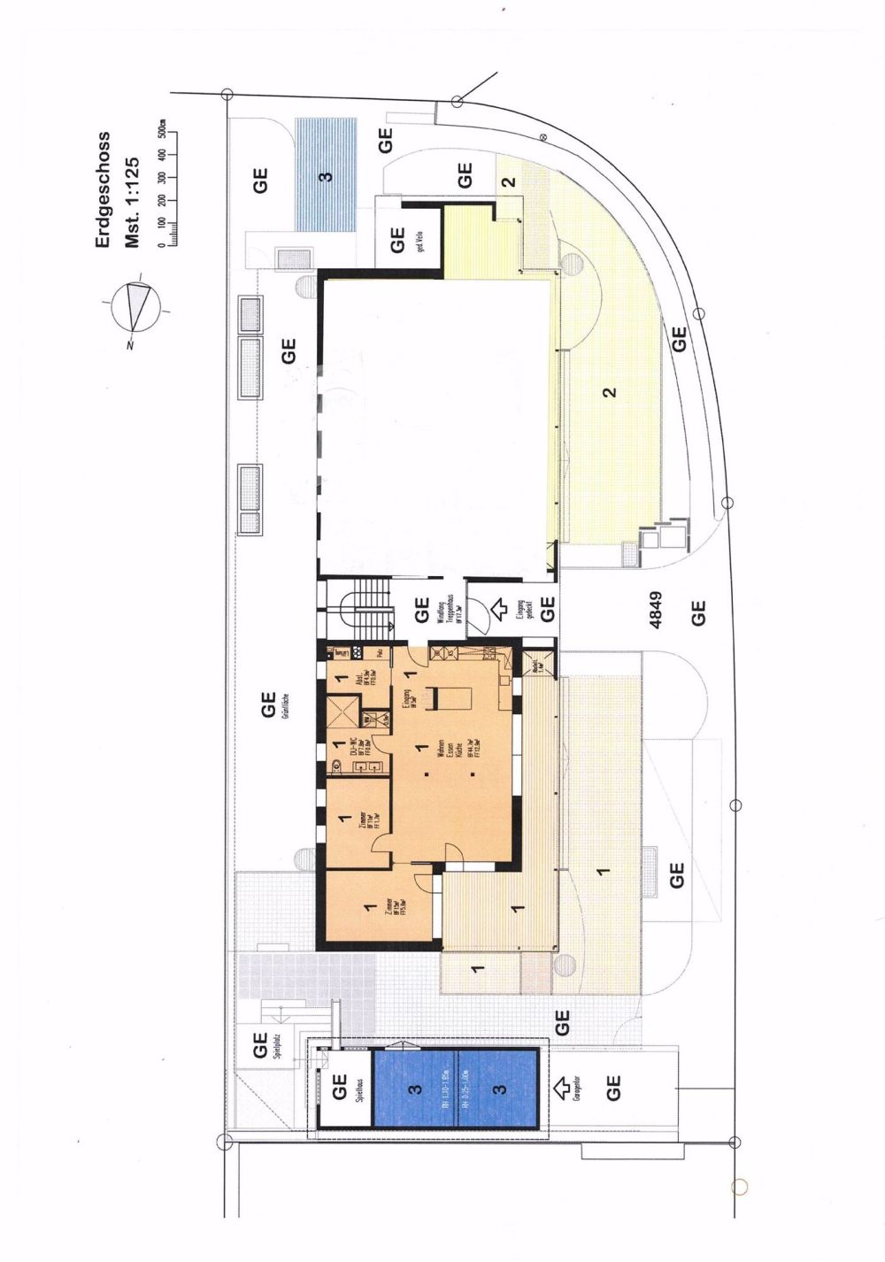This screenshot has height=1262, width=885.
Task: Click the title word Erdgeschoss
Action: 104,190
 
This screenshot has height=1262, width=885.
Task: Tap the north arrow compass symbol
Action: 135,306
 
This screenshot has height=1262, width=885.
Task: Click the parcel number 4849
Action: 656,611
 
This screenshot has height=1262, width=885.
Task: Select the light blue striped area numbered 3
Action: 325,174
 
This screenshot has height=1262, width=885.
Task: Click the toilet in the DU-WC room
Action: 337,765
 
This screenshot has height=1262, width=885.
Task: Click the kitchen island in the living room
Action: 450,698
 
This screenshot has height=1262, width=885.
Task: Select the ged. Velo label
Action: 421,240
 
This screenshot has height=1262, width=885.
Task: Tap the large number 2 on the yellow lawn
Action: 609,392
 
